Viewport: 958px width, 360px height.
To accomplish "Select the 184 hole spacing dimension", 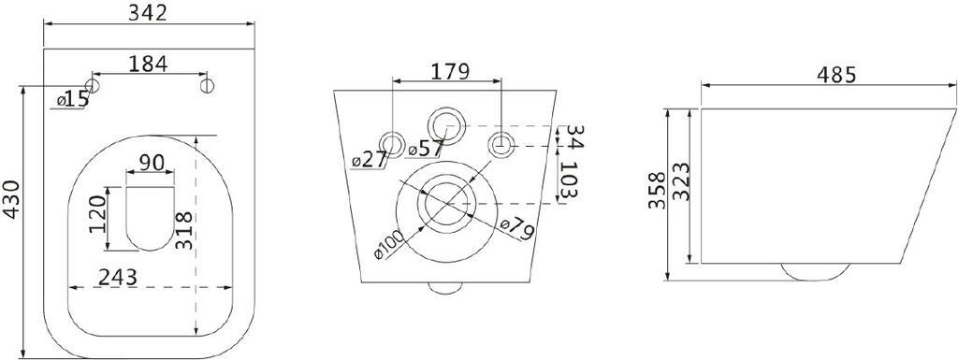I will tap(149, 64).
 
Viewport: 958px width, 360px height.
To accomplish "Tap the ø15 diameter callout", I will tap(72, 98).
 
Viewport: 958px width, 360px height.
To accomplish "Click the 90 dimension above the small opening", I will tap(152, 162).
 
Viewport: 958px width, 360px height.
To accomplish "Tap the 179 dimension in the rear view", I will tap(449, 70).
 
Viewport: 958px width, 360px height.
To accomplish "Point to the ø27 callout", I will tap(370, 160).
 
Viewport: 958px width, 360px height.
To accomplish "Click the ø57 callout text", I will tap(425, 147).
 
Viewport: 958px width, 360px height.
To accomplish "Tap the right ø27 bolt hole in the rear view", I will tap(503, 143).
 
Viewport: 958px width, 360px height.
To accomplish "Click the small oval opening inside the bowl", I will tap(150, 217).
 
